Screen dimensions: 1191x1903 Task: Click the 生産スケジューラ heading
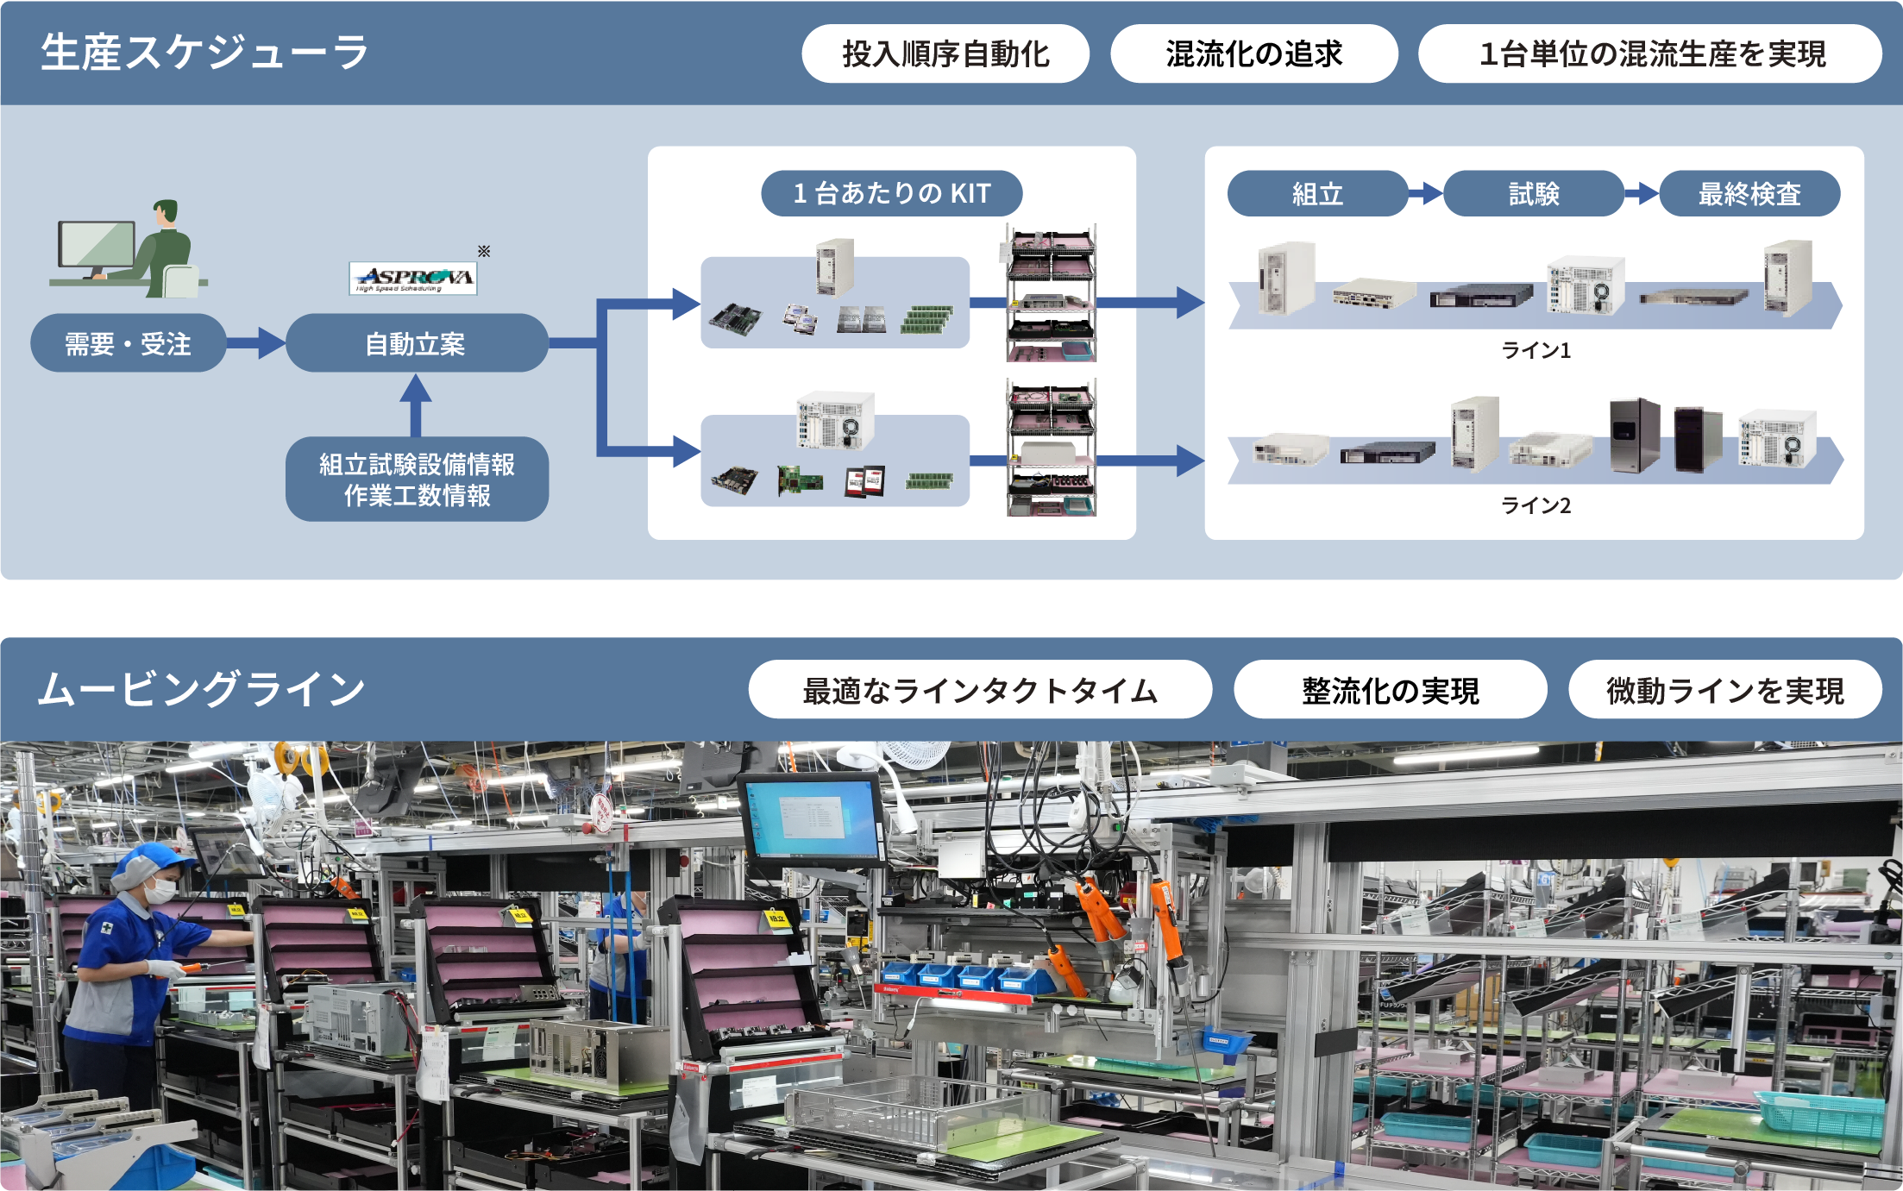(x=204, y=53)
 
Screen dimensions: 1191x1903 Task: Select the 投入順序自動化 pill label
(x=945, y=53)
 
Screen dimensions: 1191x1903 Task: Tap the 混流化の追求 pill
(x=1253, y=53)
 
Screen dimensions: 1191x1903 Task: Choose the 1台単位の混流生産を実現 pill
(x=1649, y=53)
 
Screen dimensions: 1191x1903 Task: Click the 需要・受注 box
(x=129, y=343)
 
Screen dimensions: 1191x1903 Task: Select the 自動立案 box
(x=416, y=343)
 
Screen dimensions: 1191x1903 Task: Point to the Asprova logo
(x=414, y=278)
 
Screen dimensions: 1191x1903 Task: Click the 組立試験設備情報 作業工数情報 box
(x=417, y=479)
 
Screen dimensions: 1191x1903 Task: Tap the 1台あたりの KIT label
(x=891, y=193)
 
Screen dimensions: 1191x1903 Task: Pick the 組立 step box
(x=1316, y=193)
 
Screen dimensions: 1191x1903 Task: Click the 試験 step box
(x=1533, y=193)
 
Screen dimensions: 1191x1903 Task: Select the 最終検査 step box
(x=1749, y=193)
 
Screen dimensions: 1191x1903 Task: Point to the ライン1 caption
(x=1536, y=350)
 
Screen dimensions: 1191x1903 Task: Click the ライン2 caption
(x=1536, y=505)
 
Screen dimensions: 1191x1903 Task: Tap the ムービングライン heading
(x=202, y=690)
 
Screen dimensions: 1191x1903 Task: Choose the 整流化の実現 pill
(x=1390, y=690)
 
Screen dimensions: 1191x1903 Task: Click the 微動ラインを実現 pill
(x=1724, y=690)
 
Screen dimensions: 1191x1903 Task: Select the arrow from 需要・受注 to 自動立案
(x=256, y=343)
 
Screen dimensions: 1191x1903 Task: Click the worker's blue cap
(x=154, y=857)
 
